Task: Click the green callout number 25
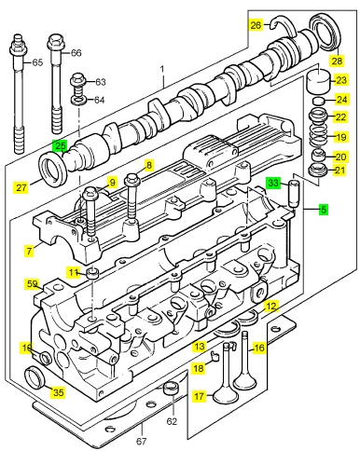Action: tap(61, 145)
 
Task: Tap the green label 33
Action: tap(273, 183)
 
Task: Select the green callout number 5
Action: tap(324, 210)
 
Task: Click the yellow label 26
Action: tap(256, 24)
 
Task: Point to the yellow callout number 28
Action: tap(337, 61)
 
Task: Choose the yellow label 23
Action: tap(341, 80)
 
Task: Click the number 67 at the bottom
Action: tap(142, 441)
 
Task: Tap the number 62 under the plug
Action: tap(172, 421)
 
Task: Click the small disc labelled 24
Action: tap(318, 101)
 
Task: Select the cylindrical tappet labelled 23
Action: tap(318, 81)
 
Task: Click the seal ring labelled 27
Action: tap(53, 169)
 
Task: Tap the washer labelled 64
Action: tap(79, 101)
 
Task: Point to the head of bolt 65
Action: tap(18, 46)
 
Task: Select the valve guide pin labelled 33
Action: tap(294, 193)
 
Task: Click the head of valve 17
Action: tap(226, 395)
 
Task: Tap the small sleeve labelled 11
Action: tap(92, 273)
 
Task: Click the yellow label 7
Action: tap(29, 251)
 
